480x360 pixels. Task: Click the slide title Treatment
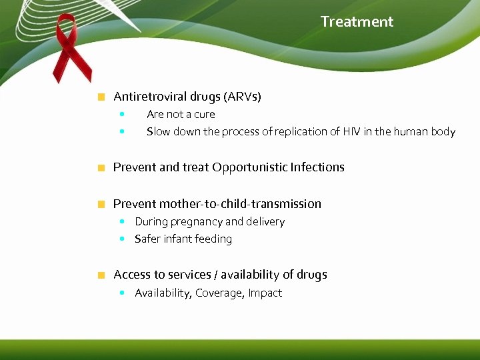click(x=357, y=21)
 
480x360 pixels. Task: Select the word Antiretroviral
click(x=148, y=97)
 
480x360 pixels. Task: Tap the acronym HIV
click(x=351, y=131)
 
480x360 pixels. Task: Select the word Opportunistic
click(x=249, y=167)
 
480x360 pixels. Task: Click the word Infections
click(x=317, y=167)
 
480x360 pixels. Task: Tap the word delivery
click(x=265, y=221)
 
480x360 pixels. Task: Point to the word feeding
click(x=211, y=239)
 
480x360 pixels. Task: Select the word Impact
click(x=265, y=293)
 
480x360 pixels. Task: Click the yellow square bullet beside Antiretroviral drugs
click(x=101, y=97)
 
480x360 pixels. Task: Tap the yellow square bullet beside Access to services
click(x=101, y=275)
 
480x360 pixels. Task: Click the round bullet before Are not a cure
click(x=122, y=114)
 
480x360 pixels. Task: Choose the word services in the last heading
click(x=191, y=275)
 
